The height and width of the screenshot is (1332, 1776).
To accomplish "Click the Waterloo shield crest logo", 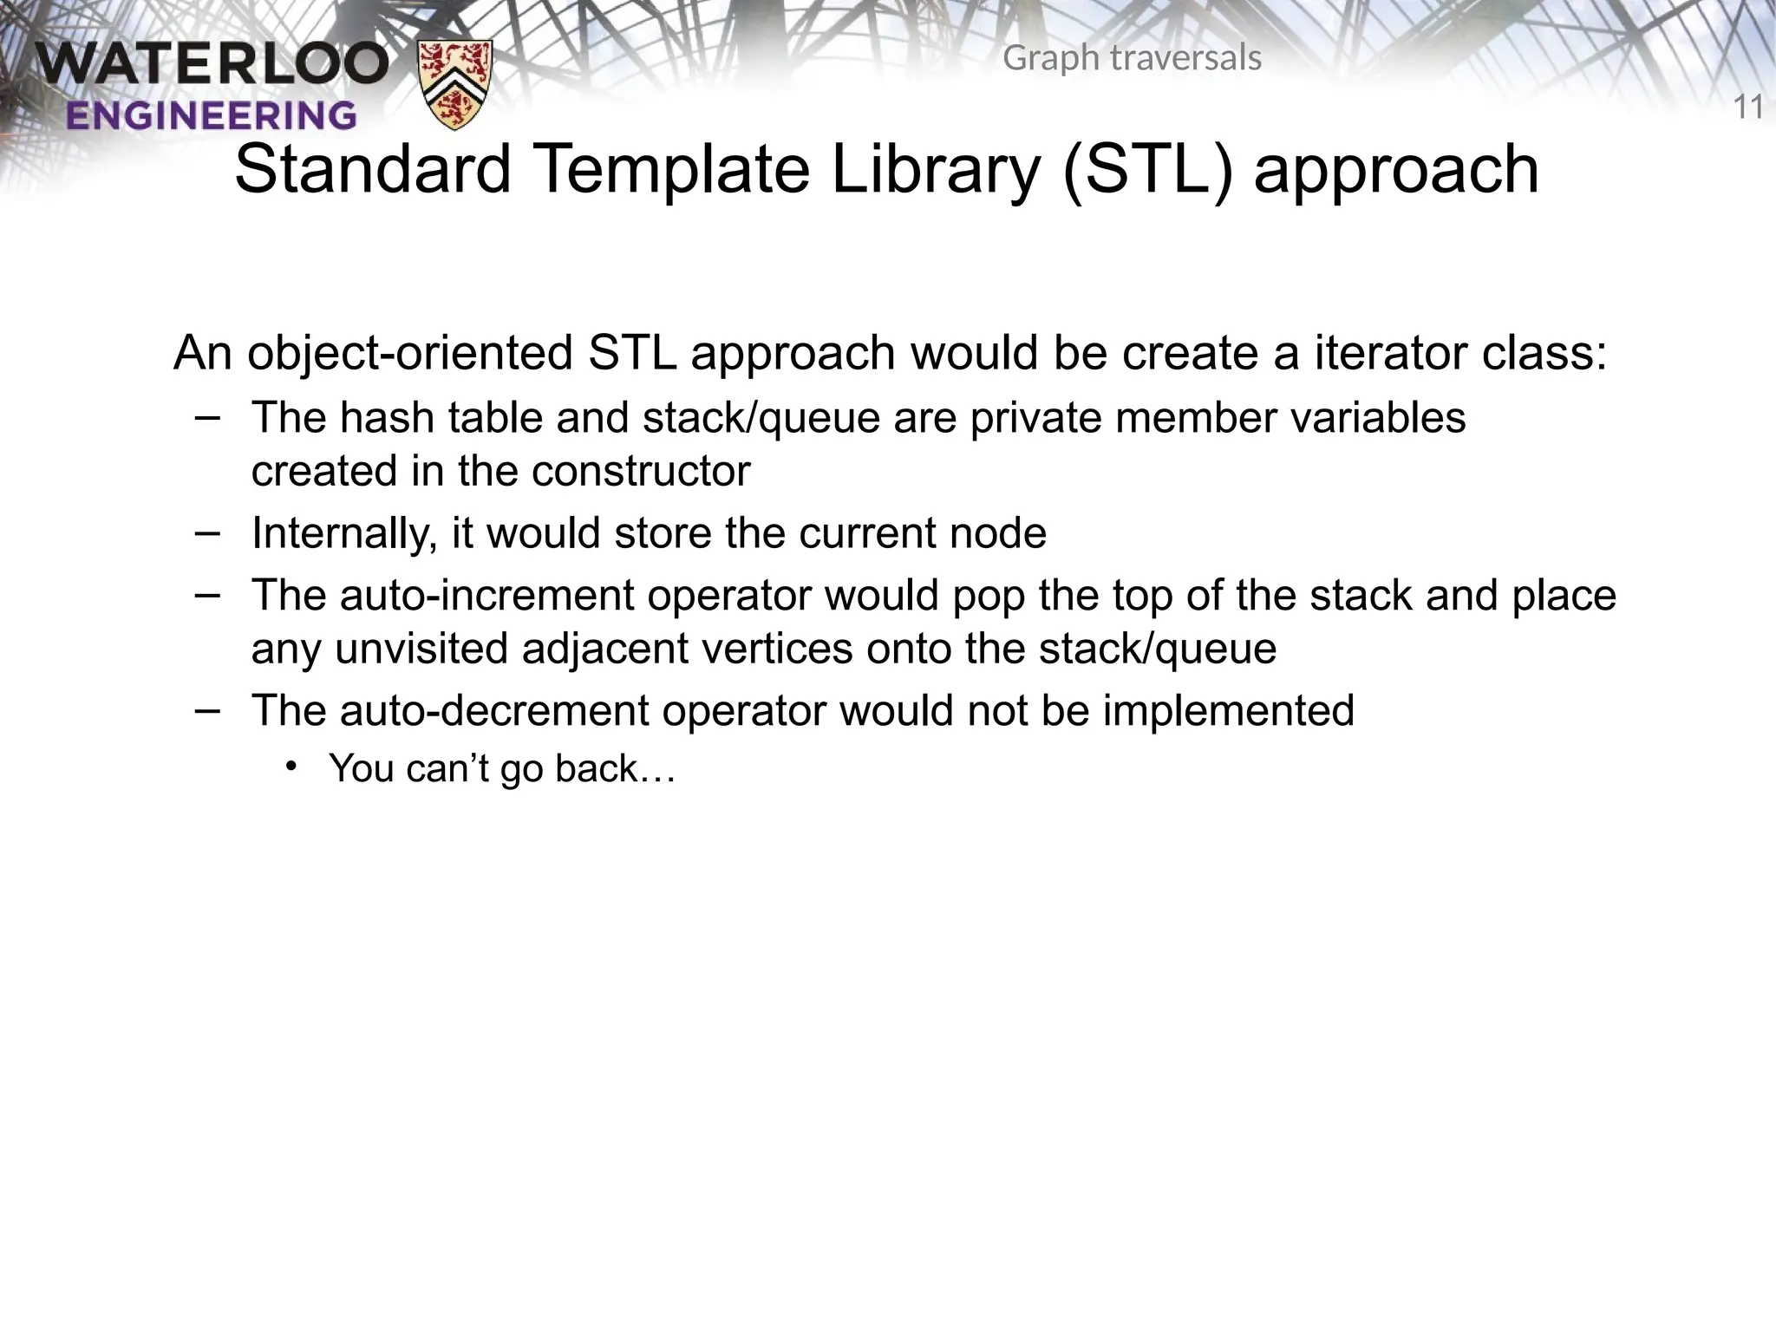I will [454, 84].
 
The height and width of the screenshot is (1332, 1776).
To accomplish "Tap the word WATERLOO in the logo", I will [212, 66].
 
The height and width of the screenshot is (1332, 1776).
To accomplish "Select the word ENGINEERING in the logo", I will [211, 115].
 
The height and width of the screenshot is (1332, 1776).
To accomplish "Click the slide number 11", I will [1748, 108].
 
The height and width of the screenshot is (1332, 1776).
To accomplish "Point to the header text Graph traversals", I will [1132, 58].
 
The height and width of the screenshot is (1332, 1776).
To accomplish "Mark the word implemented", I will [1226, 711].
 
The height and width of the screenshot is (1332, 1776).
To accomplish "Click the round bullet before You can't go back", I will [292, 766].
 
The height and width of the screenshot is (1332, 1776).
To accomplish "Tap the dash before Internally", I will [207, 531].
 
